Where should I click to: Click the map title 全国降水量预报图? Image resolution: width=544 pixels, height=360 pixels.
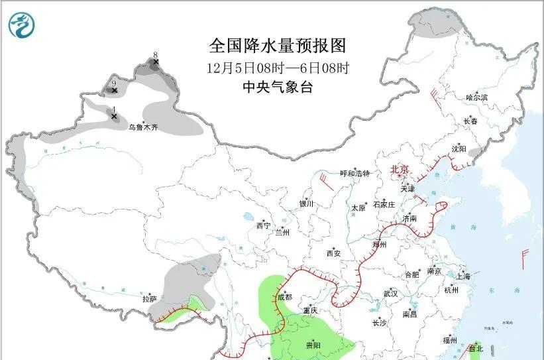278,46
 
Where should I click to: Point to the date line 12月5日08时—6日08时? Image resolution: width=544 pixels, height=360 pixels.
278,68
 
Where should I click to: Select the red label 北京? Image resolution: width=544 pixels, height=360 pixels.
400,170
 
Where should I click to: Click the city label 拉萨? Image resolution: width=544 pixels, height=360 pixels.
149,299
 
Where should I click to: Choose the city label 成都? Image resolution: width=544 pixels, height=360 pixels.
284,298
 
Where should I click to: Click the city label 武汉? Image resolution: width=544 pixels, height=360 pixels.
390,292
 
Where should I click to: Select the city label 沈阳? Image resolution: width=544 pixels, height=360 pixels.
459,149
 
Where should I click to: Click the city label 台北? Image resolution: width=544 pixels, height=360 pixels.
476,348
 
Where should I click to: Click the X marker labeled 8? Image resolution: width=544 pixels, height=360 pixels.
156,63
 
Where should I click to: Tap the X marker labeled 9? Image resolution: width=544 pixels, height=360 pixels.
114,90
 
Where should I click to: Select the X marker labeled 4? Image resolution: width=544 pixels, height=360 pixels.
114,117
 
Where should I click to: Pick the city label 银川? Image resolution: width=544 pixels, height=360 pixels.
306,204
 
